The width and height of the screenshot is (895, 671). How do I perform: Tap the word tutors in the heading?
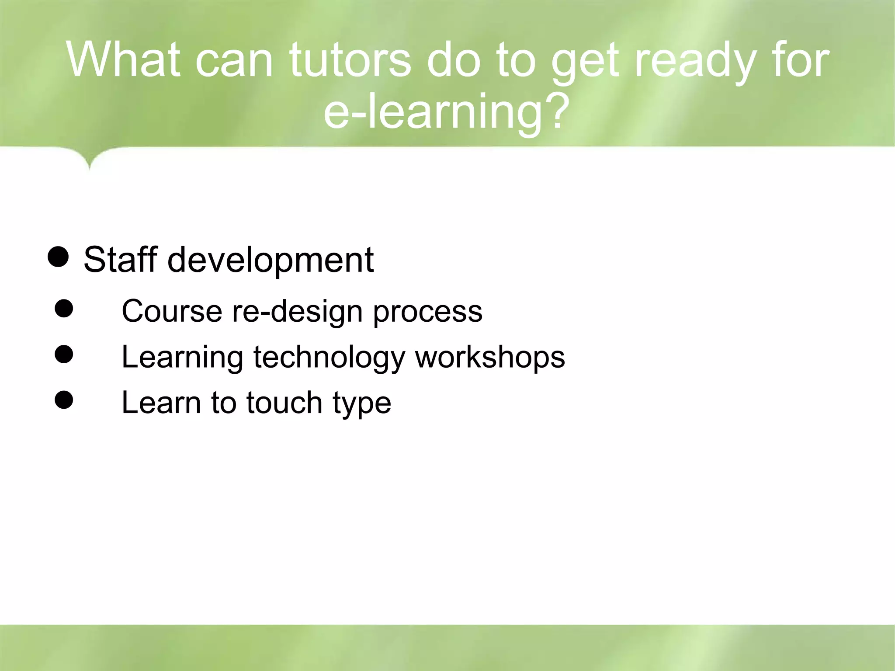point(350,60)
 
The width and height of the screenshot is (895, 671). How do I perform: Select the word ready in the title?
point(695,60)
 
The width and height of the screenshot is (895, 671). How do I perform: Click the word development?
point(271,260)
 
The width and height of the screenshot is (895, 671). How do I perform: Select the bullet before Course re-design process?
point(64,309)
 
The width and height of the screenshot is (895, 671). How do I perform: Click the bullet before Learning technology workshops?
point(64,355)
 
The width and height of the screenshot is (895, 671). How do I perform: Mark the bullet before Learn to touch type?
point(64,400)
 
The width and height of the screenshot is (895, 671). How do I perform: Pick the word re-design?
point(297,312)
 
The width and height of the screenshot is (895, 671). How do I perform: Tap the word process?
point(427,312)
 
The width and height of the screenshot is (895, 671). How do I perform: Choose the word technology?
point(329,358)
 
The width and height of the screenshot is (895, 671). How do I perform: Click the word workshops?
point(490,358)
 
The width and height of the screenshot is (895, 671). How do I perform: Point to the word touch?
point(284,403)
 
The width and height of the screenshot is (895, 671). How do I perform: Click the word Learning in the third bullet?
point(182,358)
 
